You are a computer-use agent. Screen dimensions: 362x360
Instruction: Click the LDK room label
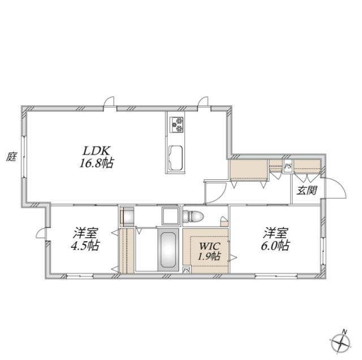[x=96, y=151]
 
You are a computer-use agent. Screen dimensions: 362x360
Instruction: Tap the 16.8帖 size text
[x=96, y=163]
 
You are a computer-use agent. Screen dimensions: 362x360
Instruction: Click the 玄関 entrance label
[x=307, y=190]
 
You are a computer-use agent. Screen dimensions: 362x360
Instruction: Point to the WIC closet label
[x=209, y=246]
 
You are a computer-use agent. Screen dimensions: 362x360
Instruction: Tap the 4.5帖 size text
[x=85, y=246]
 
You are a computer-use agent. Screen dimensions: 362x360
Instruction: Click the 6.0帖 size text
[x=275, y=246]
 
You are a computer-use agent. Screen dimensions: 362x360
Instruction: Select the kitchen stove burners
[x=176, y=125]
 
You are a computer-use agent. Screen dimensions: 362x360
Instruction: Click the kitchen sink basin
[x=175, y=158]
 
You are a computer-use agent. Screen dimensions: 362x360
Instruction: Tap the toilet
[x=193, y=216]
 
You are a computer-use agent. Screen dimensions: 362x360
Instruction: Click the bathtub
[x=169, y=250]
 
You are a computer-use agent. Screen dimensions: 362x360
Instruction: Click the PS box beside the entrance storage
[x=288, y=166]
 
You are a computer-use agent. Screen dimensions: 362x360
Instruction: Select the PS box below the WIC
[x=186, y=270]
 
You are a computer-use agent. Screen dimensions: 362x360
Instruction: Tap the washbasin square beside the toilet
[x=170, y=216]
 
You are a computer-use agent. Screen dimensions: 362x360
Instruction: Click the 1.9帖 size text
[x=209, y=256]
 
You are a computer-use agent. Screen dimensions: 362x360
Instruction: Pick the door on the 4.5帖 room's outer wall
[x=41, y=233]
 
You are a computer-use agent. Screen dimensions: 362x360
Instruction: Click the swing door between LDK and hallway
[x=216, y=193]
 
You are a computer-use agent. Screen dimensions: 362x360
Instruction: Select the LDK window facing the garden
[x=24, y=157]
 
